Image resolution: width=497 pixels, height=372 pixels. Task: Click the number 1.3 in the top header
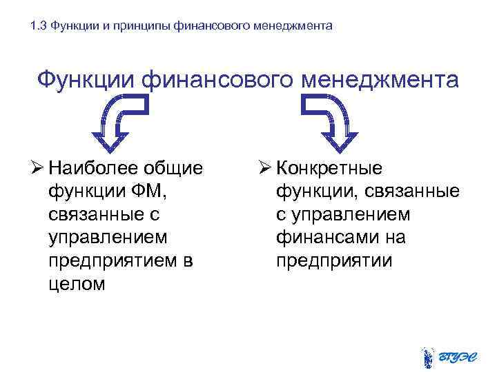[39, 27]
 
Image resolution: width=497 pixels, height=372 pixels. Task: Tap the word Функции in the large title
[86, 80]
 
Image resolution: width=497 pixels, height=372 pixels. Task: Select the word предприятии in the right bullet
[334, 261]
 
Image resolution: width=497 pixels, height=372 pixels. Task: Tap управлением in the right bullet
[350, 215]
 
